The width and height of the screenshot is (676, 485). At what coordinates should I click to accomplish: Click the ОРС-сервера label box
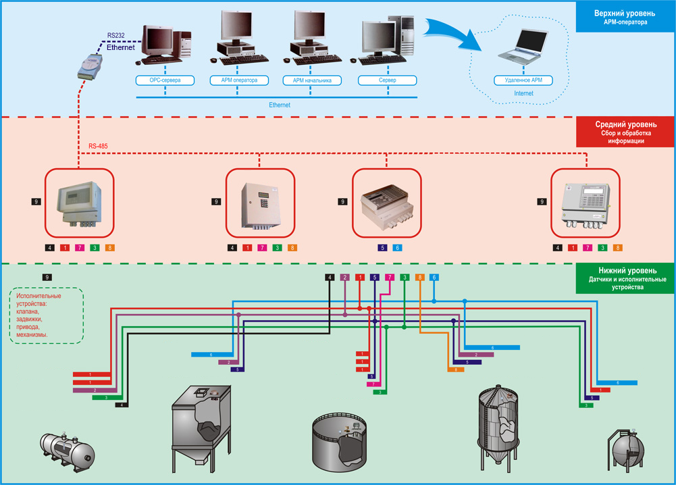165,80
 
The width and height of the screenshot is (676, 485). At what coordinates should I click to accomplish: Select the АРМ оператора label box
239,80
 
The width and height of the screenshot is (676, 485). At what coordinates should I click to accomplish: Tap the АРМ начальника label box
312,80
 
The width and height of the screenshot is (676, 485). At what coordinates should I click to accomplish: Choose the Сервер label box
387,80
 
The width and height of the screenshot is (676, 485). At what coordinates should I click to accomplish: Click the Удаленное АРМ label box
523,80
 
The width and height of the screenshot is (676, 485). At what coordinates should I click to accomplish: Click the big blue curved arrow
452,34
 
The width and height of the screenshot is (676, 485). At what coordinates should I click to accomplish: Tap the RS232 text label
116,35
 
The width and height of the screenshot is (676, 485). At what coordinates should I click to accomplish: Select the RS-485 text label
98,146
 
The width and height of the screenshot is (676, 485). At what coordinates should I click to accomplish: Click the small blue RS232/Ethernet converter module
90,66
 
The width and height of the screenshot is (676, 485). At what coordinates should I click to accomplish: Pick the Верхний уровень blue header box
625,17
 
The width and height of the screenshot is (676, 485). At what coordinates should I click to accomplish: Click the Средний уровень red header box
625,132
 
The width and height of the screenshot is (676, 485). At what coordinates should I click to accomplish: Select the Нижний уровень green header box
625,278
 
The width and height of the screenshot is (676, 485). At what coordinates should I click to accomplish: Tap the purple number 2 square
345,277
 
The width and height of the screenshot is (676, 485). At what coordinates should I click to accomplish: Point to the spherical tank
627,451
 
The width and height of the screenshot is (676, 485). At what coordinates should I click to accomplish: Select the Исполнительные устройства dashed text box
46,315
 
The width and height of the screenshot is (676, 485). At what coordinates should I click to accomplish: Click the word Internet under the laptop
523,93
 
